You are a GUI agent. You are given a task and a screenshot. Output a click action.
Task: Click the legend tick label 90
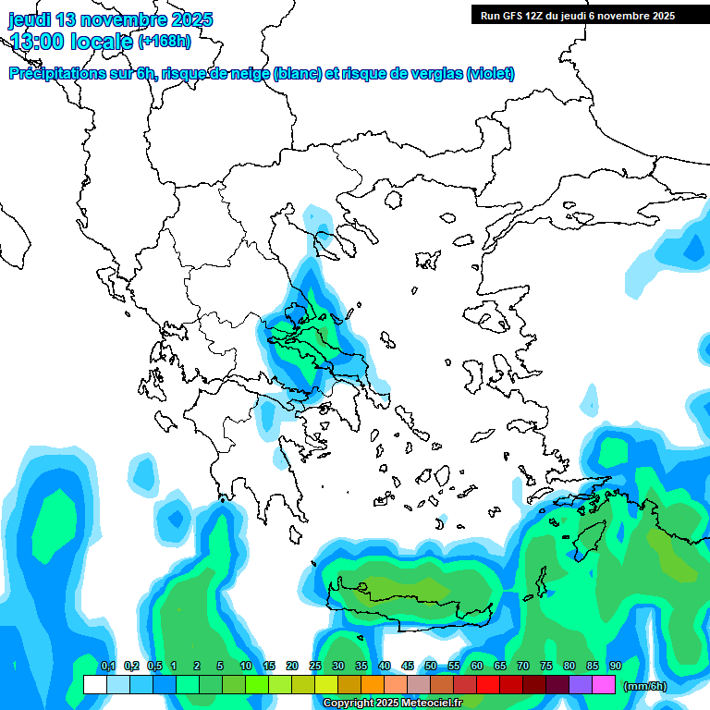(616, 667)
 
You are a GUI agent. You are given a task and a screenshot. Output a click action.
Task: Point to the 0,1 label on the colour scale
(107, 667)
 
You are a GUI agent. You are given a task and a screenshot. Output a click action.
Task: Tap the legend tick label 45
(408, 667)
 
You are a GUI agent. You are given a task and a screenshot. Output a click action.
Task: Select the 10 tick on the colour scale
(246, 667)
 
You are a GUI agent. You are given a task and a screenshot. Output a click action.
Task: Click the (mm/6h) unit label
(644, 686)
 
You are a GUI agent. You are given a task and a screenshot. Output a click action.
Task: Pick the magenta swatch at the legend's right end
(604, 684)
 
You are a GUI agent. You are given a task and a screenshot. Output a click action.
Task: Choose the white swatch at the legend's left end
(94, 684)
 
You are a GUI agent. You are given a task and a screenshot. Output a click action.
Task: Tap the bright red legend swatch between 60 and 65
(488, 684)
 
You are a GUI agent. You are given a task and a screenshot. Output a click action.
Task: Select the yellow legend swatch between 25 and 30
(326, 684)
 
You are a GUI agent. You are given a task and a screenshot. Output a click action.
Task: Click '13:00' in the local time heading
(39, 41)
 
